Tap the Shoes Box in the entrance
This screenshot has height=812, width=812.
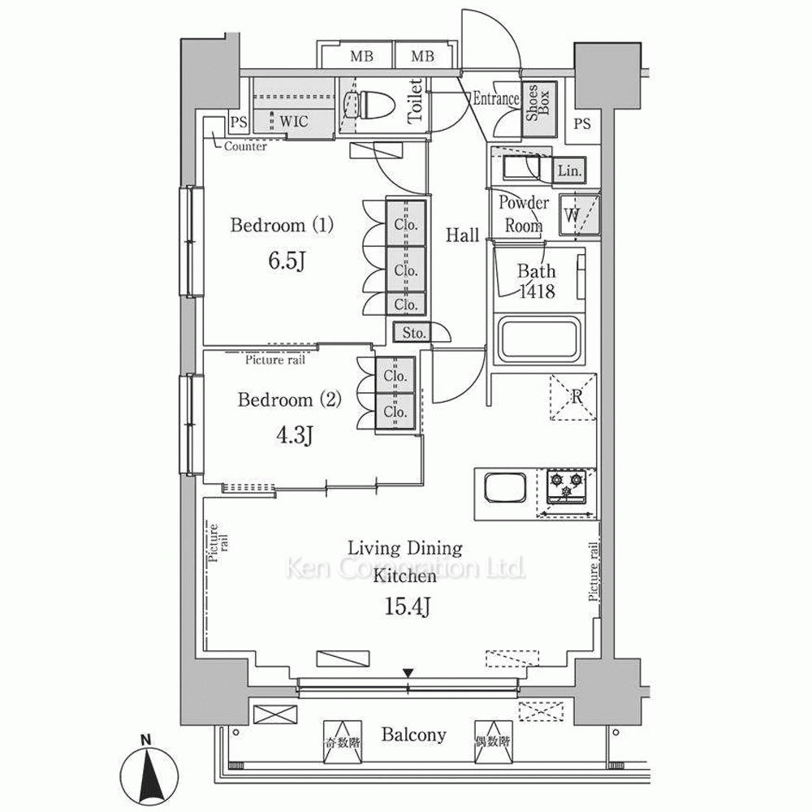539,110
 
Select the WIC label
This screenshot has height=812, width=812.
294,122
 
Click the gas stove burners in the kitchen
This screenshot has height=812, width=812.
568,486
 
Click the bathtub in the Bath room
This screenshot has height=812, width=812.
538,341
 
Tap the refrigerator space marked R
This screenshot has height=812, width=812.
572,397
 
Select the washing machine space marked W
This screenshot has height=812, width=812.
579,215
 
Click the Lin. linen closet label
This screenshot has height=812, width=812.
570,170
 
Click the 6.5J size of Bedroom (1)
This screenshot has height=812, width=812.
286,261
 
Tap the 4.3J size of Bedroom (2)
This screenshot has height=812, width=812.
294,435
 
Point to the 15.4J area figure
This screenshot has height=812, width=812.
408,606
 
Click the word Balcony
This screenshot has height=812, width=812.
414,734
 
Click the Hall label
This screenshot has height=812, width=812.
463,235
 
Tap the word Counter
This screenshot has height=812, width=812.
245,146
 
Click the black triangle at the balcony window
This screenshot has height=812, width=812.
408,672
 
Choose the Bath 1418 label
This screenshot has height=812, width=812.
537,281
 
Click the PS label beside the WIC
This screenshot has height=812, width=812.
239,123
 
